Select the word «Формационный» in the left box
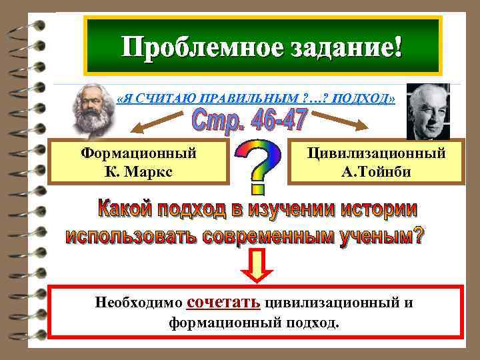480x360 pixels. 139,153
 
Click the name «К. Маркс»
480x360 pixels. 139,171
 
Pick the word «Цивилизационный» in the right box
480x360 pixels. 376,153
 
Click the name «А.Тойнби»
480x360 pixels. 376,171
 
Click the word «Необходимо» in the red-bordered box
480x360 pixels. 139,303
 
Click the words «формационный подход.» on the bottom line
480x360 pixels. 253,323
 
